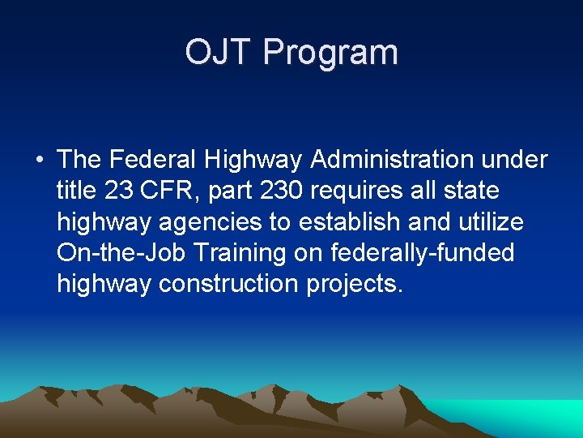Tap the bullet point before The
pos(39,160)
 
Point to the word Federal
pos(156,160)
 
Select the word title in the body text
pos(77,191)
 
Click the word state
pos(470,191)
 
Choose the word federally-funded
pos(422,253)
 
